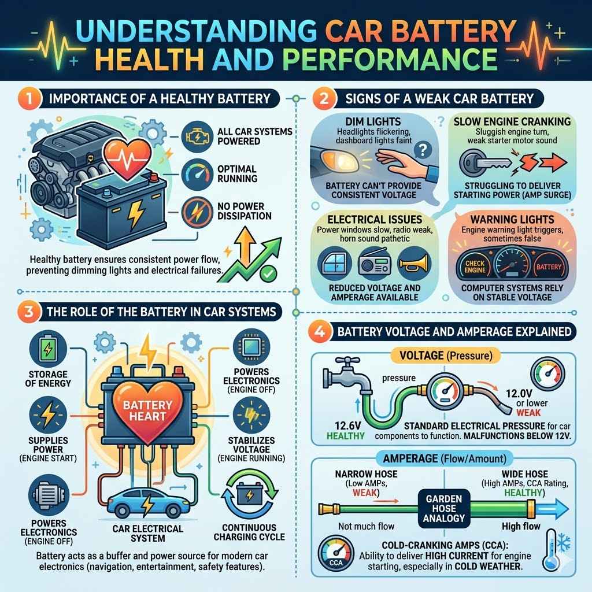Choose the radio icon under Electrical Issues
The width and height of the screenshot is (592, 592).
pos(373,263)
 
